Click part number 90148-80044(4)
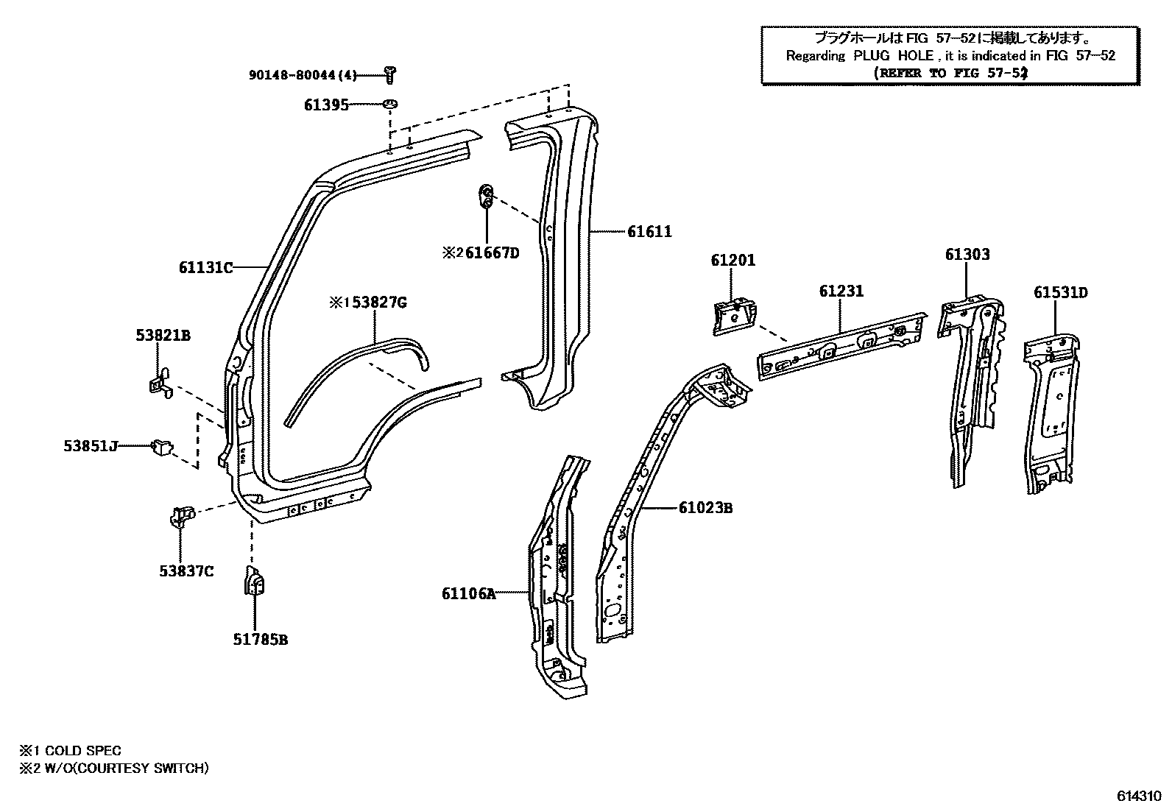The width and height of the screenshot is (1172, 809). pos(303,74)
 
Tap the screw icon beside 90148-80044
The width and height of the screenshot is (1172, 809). pos(390,72)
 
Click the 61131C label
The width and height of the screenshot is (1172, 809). pos(205,268)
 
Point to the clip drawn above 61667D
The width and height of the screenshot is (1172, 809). pos(486,197)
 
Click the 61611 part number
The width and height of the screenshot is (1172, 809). pos(649,232)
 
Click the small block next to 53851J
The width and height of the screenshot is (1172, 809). pos(161,446)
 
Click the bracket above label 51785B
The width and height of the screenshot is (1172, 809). pos(254,582)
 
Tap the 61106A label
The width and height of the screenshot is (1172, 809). pos(469,593)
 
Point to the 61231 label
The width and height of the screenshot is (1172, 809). pos(841,292)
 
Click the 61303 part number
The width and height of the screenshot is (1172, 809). pos(967,255)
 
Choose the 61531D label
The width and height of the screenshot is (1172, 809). pos(1060,293)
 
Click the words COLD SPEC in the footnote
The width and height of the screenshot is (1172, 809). pos(83,751)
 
